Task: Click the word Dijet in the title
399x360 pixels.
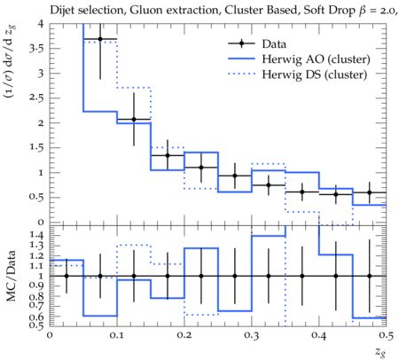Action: pyautogui.click(x=63, y=11)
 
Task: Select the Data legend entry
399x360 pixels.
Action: pyautogui.click(x=257, y=43)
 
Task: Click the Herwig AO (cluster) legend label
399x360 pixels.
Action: pyautogui.click(x=316, y=59)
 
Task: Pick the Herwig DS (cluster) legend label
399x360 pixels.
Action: pyautogui.click(x=315, y=74)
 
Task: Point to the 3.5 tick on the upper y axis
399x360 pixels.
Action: pyautogui.click(x=36, y=48)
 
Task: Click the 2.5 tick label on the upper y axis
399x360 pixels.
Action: pyautogui.click(x=36, y=98)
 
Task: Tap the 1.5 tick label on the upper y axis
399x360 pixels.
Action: pyautogui.click(x=36, y=147)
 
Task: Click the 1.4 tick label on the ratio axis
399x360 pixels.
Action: pyautogui.click(x=36, y=235)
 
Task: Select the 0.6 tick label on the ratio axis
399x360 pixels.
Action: pyautogui.click(x=36, y=317)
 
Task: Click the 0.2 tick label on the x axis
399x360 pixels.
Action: pyautogui.click(x=184, y=336)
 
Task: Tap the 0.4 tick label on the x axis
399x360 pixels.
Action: pyautogui.click(x=319, y=336)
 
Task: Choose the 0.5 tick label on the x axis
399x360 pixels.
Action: pyautogui.click(x=386, y=336)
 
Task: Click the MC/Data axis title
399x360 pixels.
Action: pyautogui.click(x=11, y=276)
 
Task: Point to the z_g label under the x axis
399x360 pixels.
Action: pyautogui.click(x=380, y=352)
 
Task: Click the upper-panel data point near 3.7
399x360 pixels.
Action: pyautogui.click(x=100, y=39)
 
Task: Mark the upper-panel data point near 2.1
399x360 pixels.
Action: pyautogui.click(x=134, y=120)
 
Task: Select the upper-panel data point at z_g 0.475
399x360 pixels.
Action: pyautogui.click(x=369, y=192)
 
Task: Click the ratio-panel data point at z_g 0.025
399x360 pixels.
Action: pyautogui.click(x=66, y=276)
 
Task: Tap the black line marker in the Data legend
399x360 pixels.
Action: pyautogui.click(x=241, y=43)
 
